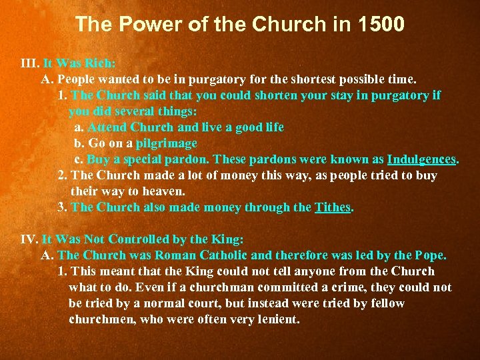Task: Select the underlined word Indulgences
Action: point(421,159)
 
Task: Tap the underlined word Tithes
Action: point(333,207)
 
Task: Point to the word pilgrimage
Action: point(167,143)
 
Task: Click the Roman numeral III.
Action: point(29,63)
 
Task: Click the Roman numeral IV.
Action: point(29,239)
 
